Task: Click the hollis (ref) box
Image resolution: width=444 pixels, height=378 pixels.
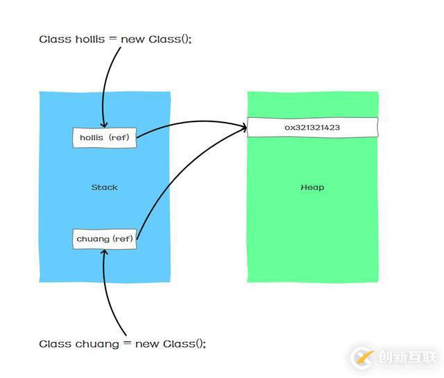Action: pyautogui.click(x=104, y=137)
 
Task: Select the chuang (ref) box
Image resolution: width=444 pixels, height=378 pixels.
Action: pyautogui.click(x=105, y=239)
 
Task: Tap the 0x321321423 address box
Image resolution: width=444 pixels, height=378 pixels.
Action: pyautogui.click(x=312, y=128)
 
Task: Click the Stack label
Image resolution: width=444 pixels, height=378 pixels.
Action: pyautogui.click(x=105, y=187)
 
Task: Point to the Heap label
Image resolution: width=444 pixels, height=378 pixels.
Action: pyautogui.click(x=312, y=187)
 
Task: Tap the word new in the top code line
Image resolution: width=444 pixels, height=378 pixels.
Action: pyautogui.click(x=133, y=39)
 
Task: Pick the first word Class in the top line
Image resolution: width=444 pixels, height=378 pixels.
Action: pyautogui.click(x=54, y=39)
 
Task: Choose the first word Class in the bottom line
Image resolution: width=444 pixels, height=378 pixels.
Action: pyautogui.click(x=54, y=343)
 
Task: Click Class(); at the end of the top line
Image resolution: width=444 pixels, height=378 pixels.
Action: pyautogui.click(x=170, y=39)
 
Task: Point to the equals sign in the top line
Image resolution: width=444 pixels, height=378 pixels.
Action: pyautogui.click(x=111, y=39)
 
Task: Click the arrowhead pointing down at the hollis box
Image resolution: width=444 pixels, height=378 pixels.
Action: pyautogui.click(x=103, y=124)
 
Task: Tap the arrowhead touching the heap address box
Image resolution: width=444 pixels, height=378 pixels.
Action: pyautogui.click(x=244, y=127)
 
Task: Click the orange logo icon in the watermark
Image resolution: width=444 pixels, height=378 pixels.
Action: pyautogui.click(x=364, y=357)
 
